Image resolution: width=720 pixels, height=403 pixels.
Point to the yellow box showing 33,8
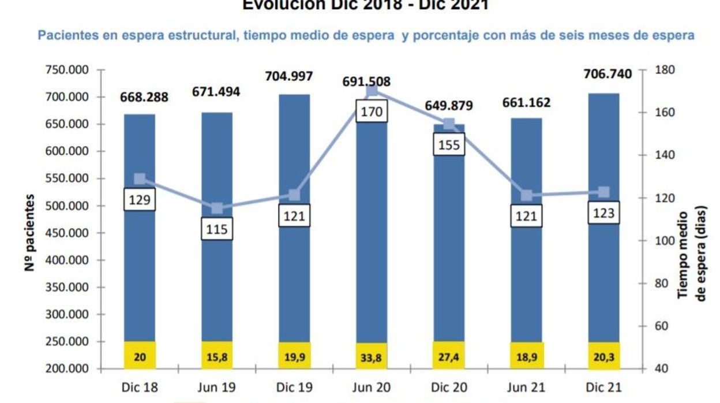[x=372, y=356]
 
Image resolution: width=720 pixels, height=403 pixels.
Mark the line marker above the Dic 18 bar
[x=140, y=179]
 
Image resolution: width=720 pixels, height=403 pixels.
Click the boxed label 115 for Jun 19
[x=216, y=229]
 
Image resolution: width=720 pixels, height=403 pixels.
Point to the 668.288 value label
[x=144, y=97]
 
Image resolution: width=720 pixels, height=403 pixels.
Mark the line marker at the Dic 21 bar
[x=603, y=192]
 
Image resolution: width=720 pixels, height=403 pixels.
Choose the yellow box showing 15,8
[x=216, y=356]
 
